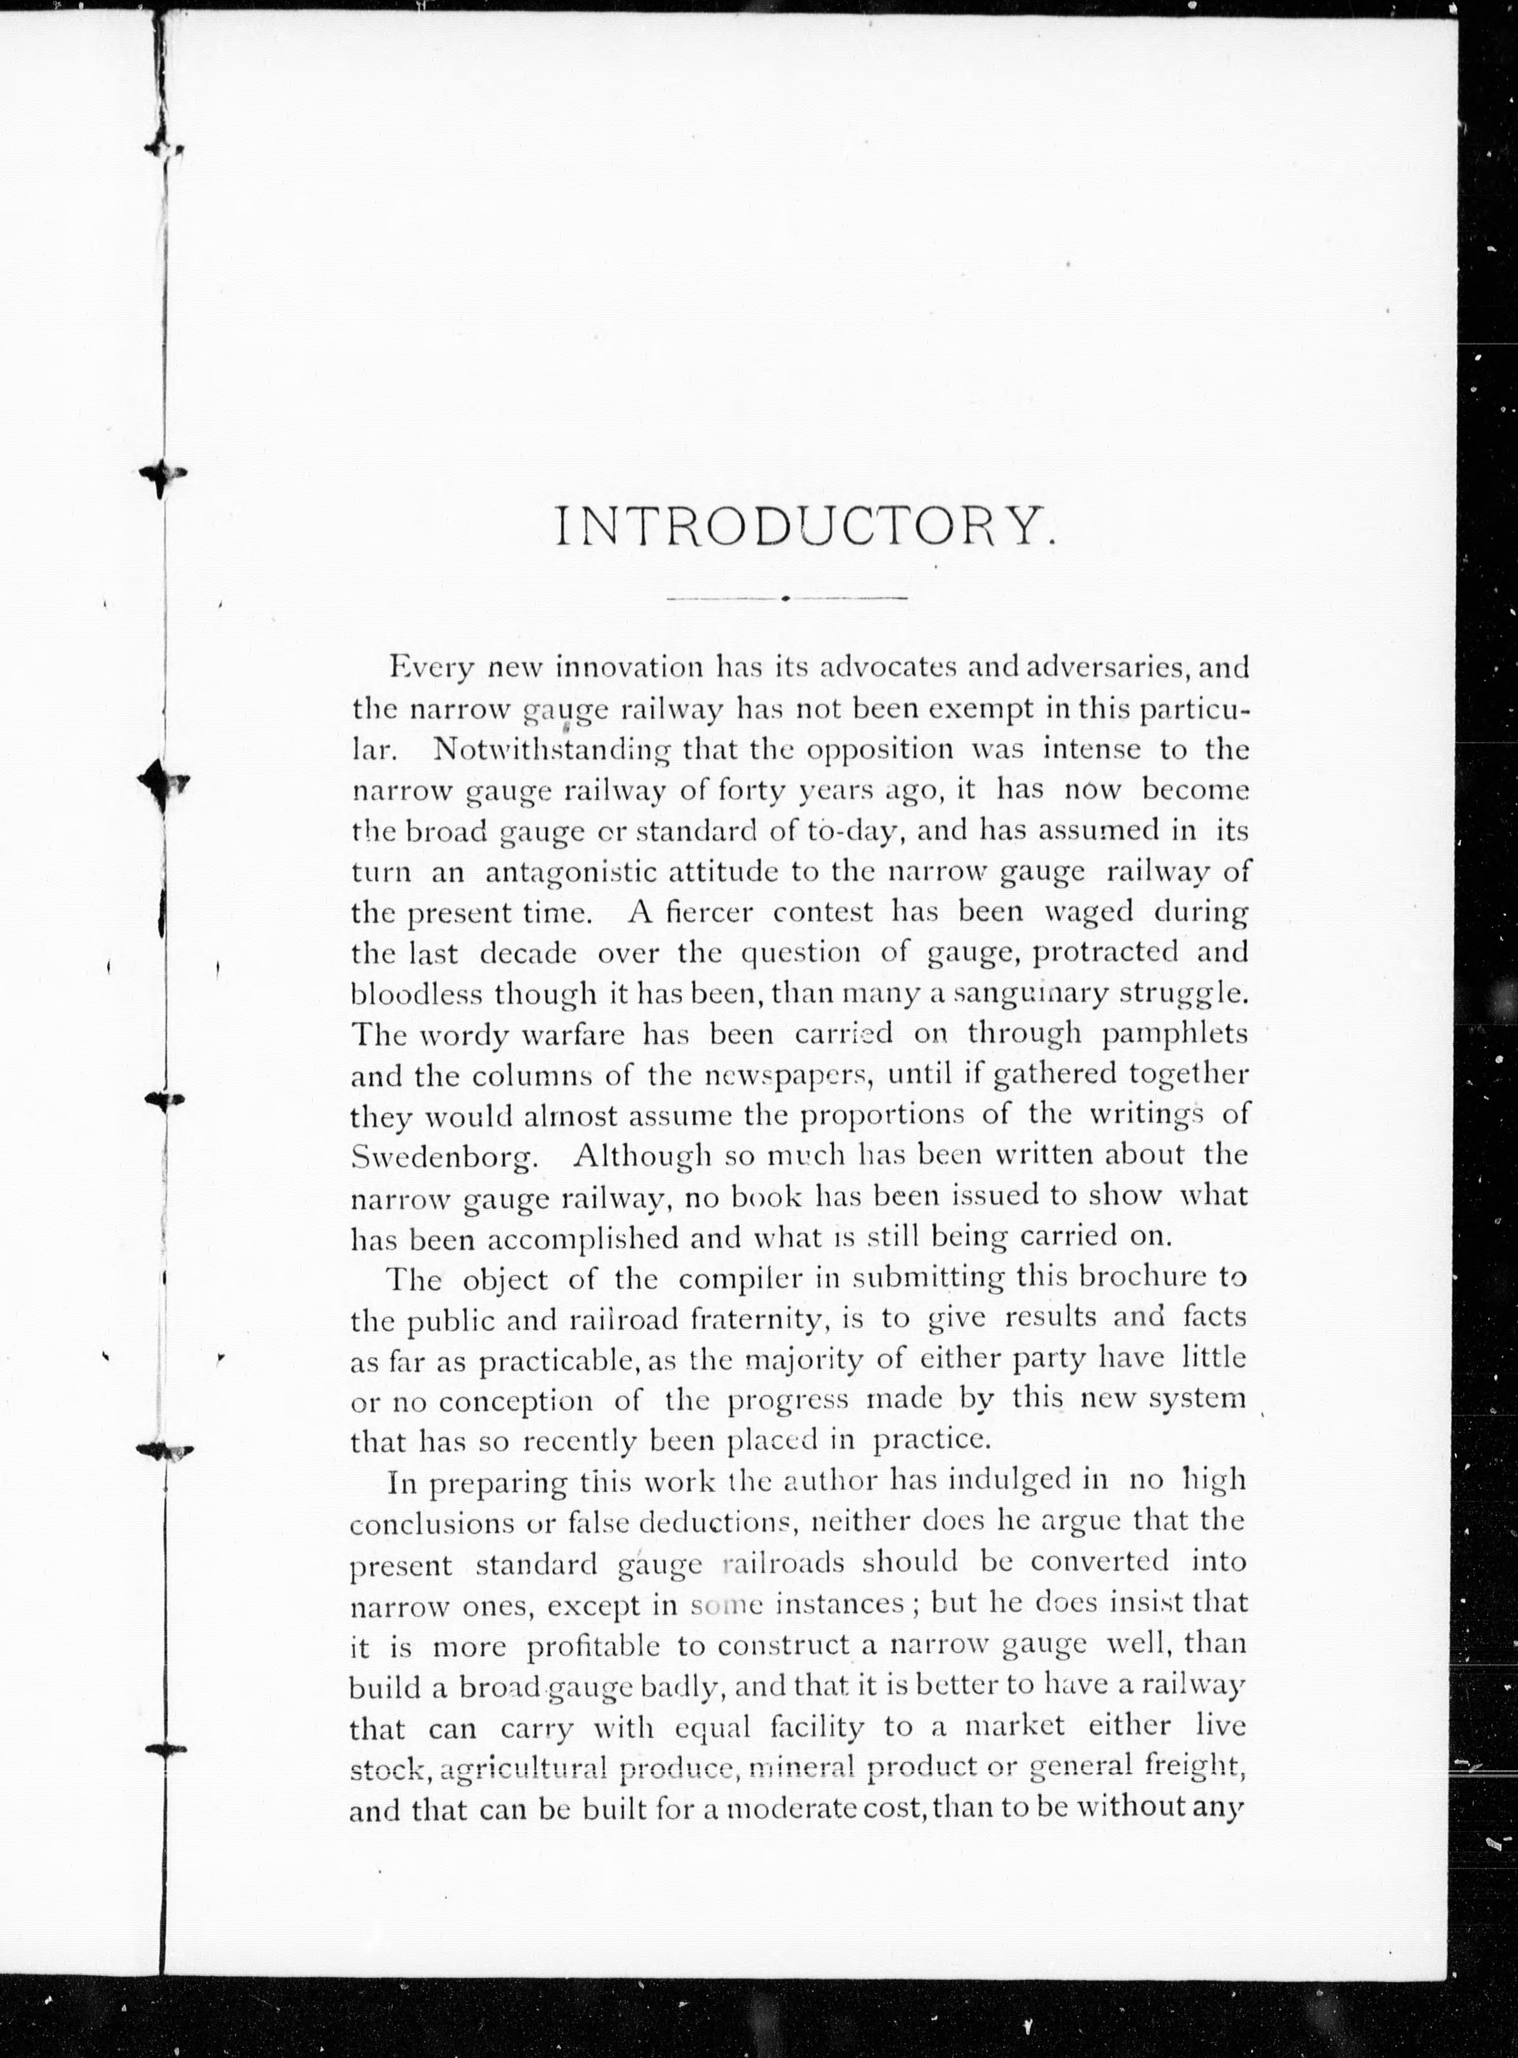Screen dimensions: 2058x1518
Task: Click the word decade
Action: pyautogui.click(x=529, y=953)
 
